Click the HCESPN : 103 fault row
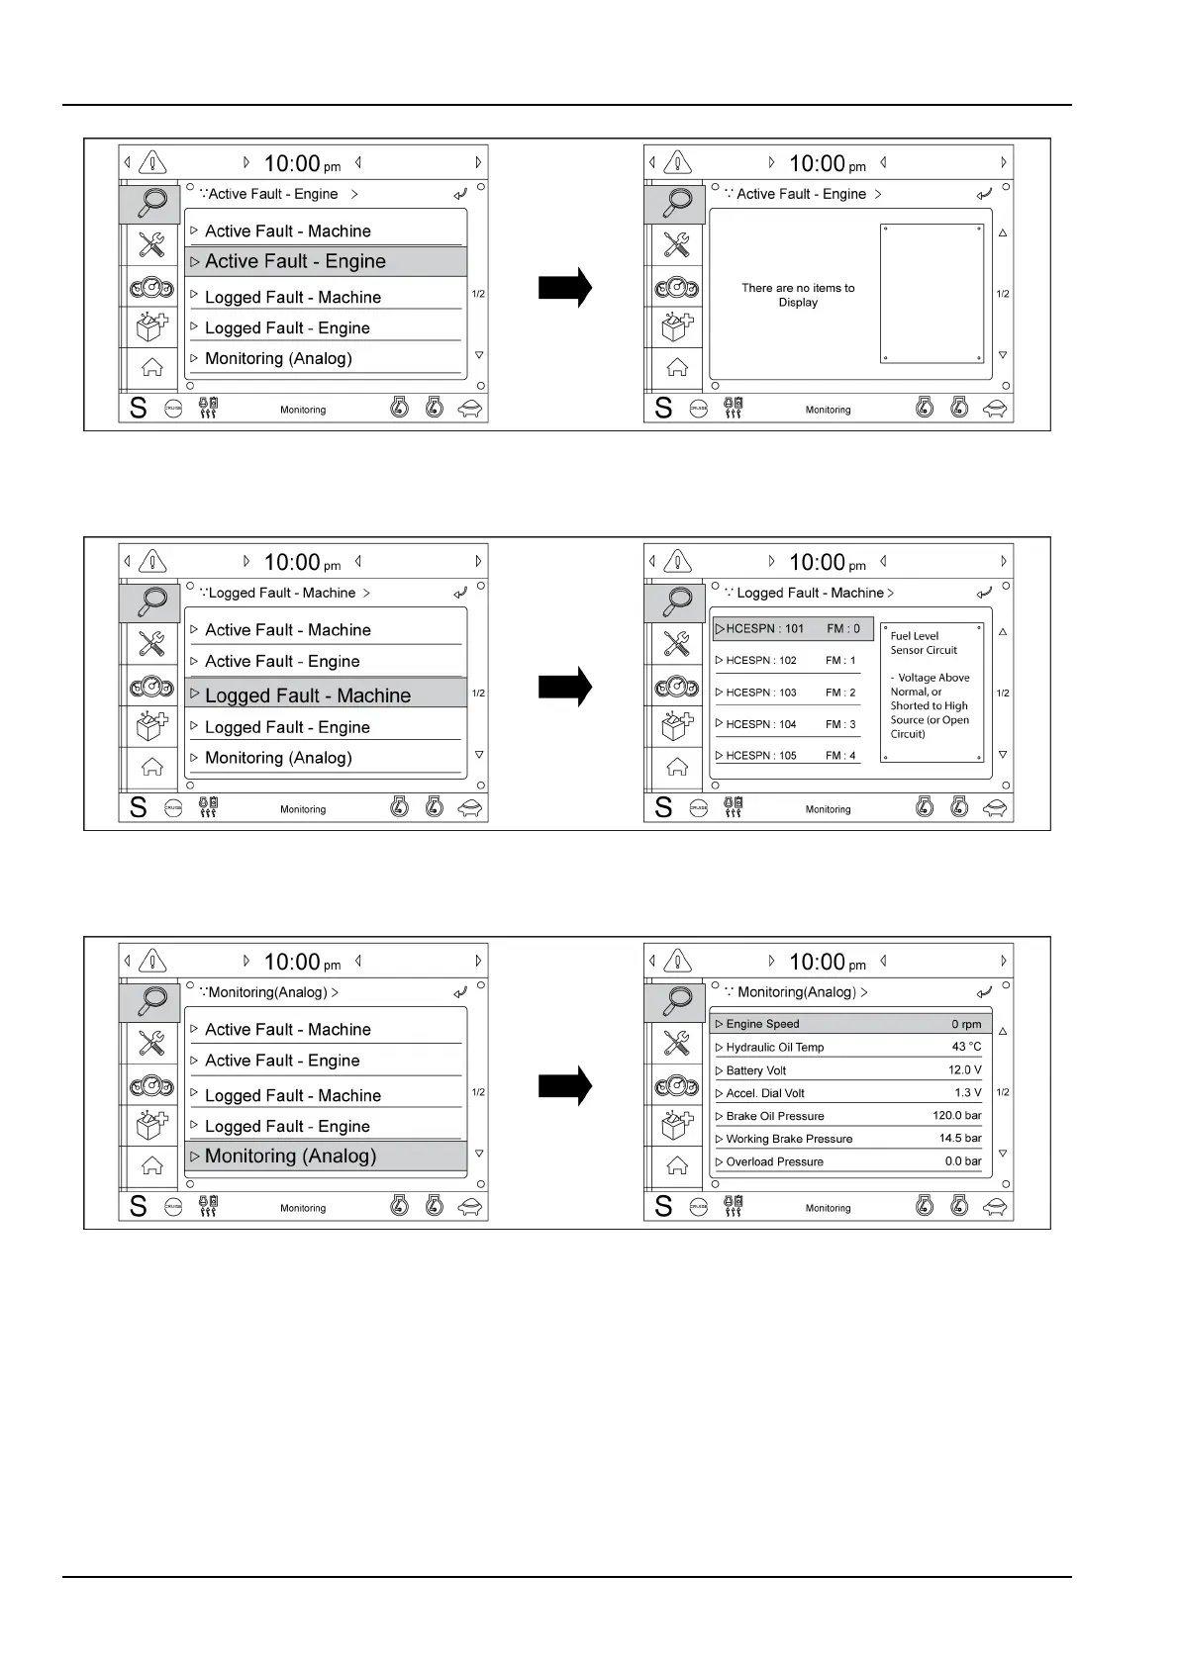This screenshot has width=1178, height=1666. point(761,693)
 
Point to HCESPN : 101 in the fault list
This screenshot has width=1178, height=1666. point(765,628)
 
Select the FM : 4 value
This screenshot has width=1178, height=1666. point(840,756)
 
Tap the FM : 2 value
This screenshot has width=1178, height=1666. point(840,693)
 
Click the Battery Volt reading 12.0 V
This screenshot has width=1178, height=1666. point(964,1069)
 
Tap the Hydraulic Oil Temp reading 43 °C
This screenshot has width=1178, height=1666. point(966,1047)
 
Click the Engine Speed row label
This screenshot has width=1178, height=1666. point(762,1024)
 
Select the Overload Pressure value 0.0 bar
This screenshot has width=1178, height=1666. point(962,1161)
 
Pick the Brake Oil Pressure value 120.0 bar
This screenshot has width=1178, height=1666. point(956,1115)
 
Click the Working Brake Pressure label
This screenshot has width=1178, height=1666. point(789,1139)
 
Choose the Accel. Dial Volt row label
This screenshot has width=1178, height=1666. point(765,1093)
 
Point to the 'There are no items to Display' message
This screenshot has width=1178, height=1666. point(798,295)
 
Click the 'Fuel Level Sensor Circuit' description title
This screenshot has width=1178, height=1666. point(924,643)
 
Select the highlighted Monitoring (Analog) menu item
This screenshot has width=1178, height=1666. point(290,1156)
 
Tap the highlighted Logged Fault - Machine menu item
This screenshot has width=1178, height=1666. point(307,695)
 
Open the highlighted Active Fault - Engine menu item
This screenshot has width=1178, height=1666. point(295,261)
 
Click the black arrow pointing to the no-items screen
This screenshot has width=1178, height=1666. point(565,287)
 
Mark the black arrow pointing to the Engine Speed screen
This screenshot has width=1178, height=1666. point(565,1084)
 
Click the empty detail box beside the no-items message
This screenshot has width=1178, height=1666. point(932,293)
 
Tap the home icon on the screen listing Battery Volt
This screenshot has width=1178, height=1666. point(677,1165)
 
